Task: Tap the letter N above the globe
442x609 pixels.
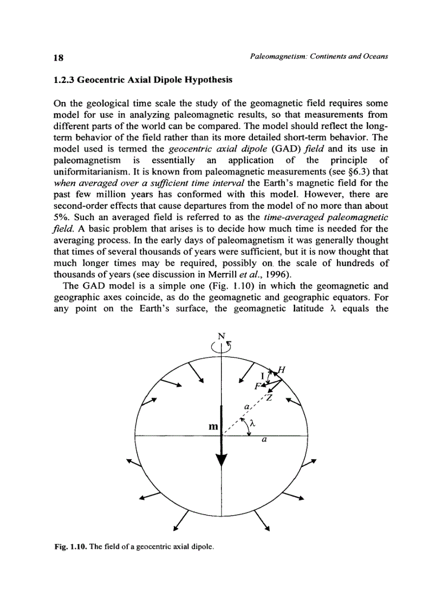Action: (x=221, y=335)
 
